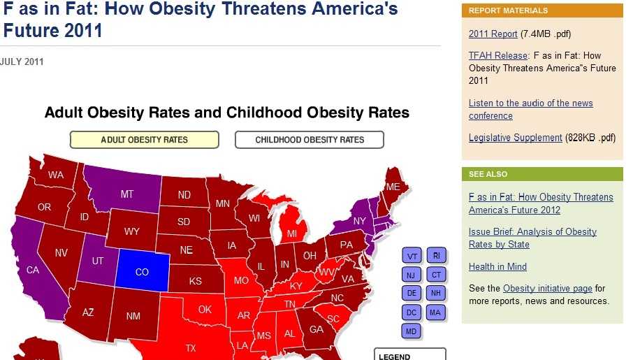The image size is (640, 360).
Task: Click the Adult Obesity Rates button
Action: pos(144,140)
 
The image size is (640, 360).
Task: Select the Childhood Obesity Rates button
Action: pos(310,140)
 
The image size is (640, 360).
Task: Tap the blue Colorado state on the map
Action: pos(142,271)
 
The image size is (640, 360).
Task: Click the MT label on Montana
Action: pos(126,194)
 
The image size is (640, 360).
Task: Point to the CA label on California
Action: pos(33,270)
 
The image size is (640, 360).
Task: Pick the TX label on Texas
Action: pos(191,347)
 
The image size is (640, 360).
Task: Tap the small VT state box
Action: pos(412,257)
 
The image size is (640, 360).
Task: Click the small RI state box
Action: pos(436,256)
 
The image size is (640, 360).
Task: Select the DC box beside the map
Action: pos(412,312)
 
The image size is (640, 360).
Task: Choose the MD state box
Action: pos(412,330)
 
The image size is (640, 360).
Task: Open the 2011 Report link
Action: pos(493,34)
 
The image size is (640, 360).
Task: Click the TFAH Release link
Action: pos(498,55)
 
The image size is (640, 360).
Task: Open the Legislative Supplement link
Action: pos(515,138)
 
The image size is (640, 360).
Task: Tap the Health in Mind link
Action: pos(497,266)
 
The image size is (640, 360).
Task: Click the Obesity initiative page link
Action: pos(547,288)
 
